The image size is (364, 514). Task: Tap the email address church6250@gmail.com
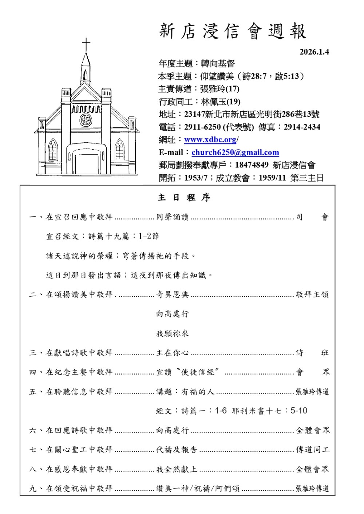click(x=235, y=153)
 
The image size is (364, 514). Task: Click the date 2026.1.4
click(x=314, y=52)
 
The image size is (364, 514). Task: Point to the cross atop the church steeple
click(x=86, y=46)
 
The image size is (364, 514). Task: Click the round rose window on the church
click(x=86, y=119)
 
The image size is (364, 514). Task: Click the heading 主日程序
click(x=184, y=198)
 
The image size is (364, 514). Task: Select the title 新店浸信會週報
click(x=233, y=31)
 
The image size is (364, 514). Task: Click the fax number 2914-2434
click(x=302, y=127)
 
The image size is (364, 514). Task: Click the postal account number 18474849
click(x=252, y=165)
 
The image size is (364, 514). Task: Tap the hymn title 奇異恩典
click(x=172, y=294)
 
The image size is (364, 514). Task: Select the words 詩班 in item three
click(x=312, y=353)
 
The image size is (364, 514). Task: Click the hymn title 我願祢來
click(x=172, y=333)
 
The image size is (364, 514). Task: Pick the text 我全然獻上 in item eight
click(x=177, y=469)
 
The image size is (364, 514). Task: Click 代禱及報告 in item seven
click(x=177, y=450)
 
